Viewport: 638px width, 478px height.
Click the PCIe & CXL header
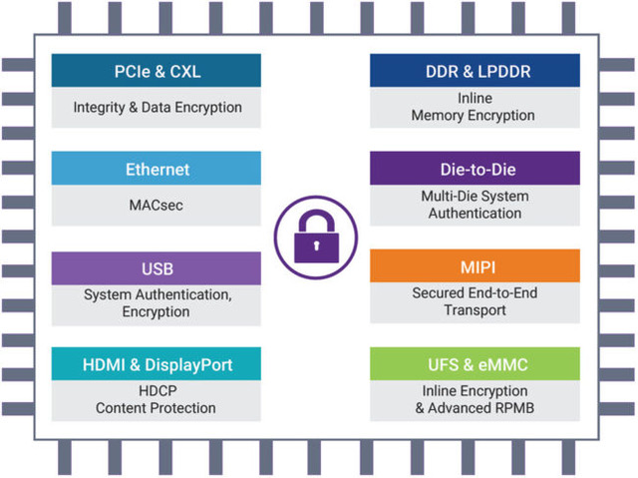[x=157, y=71]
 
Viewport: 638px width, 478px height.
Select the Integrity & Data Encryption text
[x=157, y=107]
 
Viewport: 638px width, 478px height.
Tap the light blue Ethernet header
[x=157, y=169]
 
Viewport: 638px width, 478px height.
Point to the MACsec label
[x=157, y=205]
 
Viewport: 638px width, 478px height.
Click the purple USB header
[x=157, y=267]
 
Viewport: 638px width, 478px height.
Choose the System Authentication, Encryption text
[x=157, y=303]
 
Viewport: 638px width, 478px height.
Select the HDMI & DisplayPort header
[x=157, y=365]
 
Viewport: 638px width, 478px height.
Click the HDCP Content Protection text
[x=157, y=400]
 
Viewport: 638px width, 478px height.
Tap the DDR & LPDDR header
[x=475, y=71]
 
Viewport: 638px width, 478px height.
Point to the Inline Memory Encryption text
[x=475, y=107]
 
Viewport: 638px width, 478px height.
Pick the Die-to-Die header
[x=475, y=169]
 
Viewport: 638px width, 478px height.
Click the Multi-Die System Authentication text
[x=475, y=205]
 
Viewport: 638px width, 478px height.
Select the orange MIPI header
[x=475, y=267]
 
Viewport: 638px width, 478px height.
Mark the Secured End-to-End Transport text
[x=475, y=302]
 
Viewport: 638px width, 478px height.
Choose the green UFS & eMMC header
[x=475, y=365]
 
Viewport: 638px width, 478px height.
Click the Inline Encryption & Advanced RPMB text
[x=475, y=400]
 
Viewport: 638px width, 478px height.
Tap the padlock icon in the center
[x=315, y=235]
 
